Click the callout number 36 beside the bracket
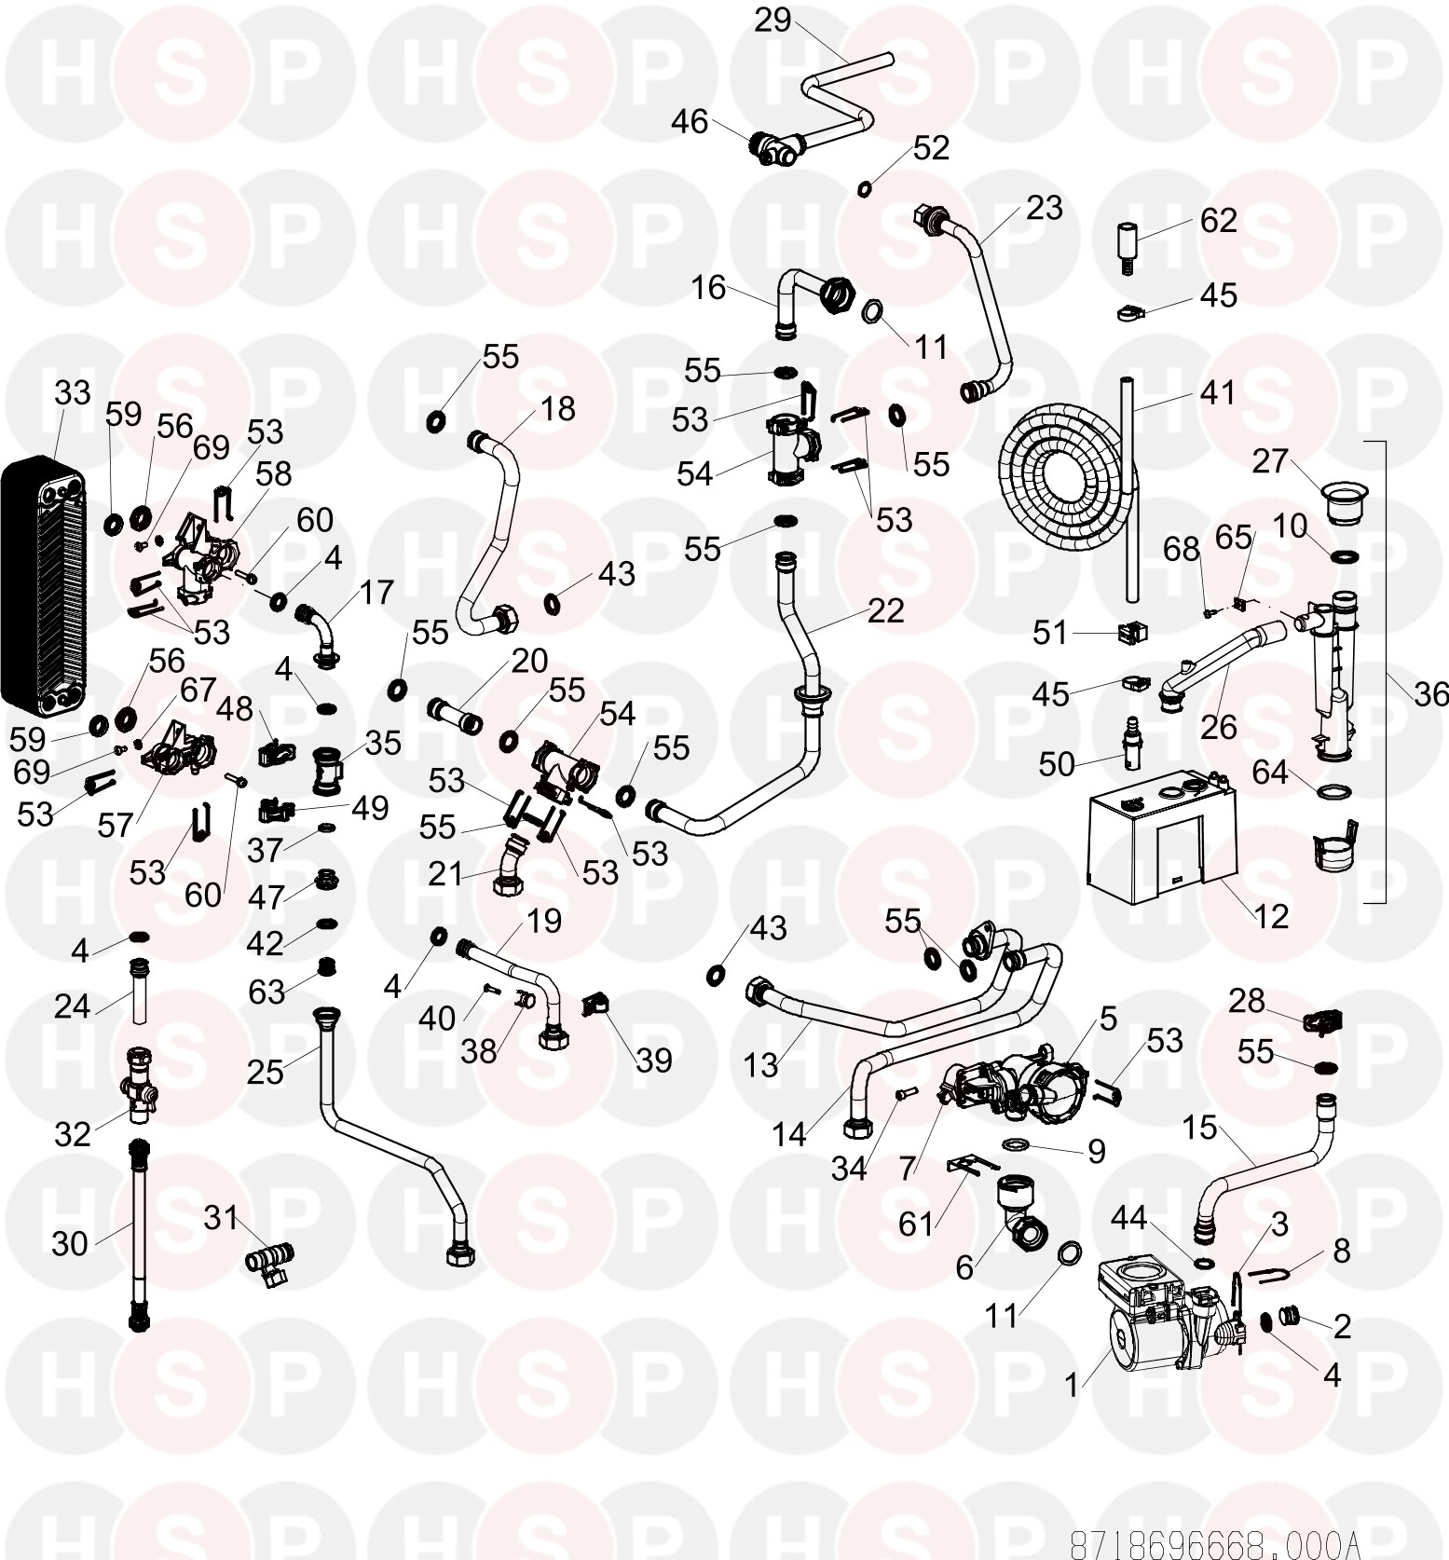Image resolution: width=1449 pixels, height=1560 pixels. click(x=1431, y=693)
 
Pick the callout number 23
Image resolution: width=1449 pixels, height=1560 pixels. click(x=1044, y=207)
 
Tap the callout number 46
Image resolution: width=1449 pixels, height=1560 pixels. click(x=690, y=121)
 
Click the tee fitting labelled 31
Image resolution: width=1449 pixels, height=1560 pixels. click(x=269, y=1263)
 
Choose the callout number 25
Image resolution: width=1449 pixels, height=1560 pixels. click(x=265, y=1072)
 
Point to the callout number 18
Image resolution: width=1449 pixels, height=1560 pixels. click(x=557, y=408)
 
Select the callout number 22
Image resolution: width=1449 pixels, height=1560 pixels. click(x=885, y=610)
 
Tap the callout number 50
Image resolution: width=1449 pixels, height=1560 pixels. click(x=1057, y=764)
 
